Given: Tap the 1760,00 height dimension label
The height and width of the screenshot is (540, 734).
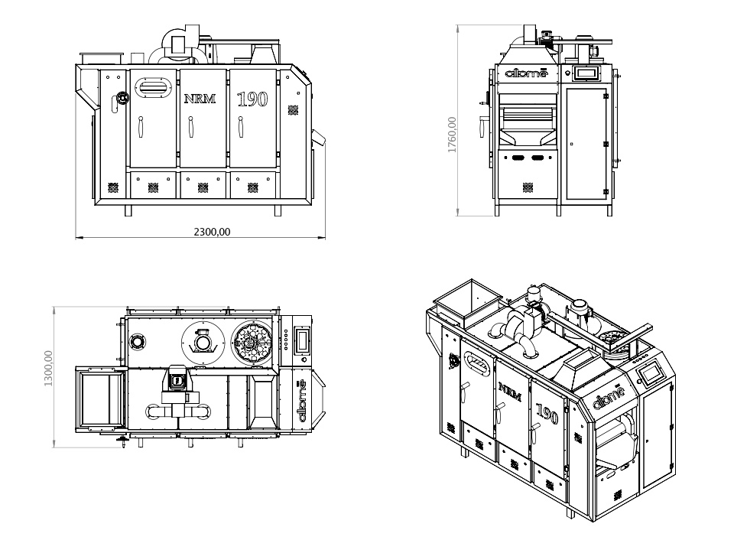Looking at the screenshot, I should coord(452,135).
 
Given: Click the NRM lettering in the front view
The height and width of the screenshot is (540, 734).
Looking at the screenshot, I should coord(200,98).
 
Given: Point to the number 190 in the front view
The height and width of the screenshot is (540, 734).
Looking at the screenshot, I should coord(252,99).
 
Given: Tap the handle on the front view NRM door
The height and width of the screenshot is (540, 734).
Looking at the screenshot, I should coord(191,127).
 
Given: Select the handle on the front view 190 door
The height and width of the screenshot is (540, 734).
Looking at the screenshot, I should coord(242,127).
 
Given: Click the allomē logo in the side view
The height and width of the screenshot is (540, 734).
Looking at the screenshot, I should coord(527,73).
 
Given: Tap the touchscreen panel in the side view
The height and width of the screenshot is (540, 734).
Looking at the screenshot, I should coord(586,73).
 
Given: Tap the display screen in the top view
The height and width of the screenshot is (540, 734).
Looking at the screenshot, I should coord(302,340).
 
